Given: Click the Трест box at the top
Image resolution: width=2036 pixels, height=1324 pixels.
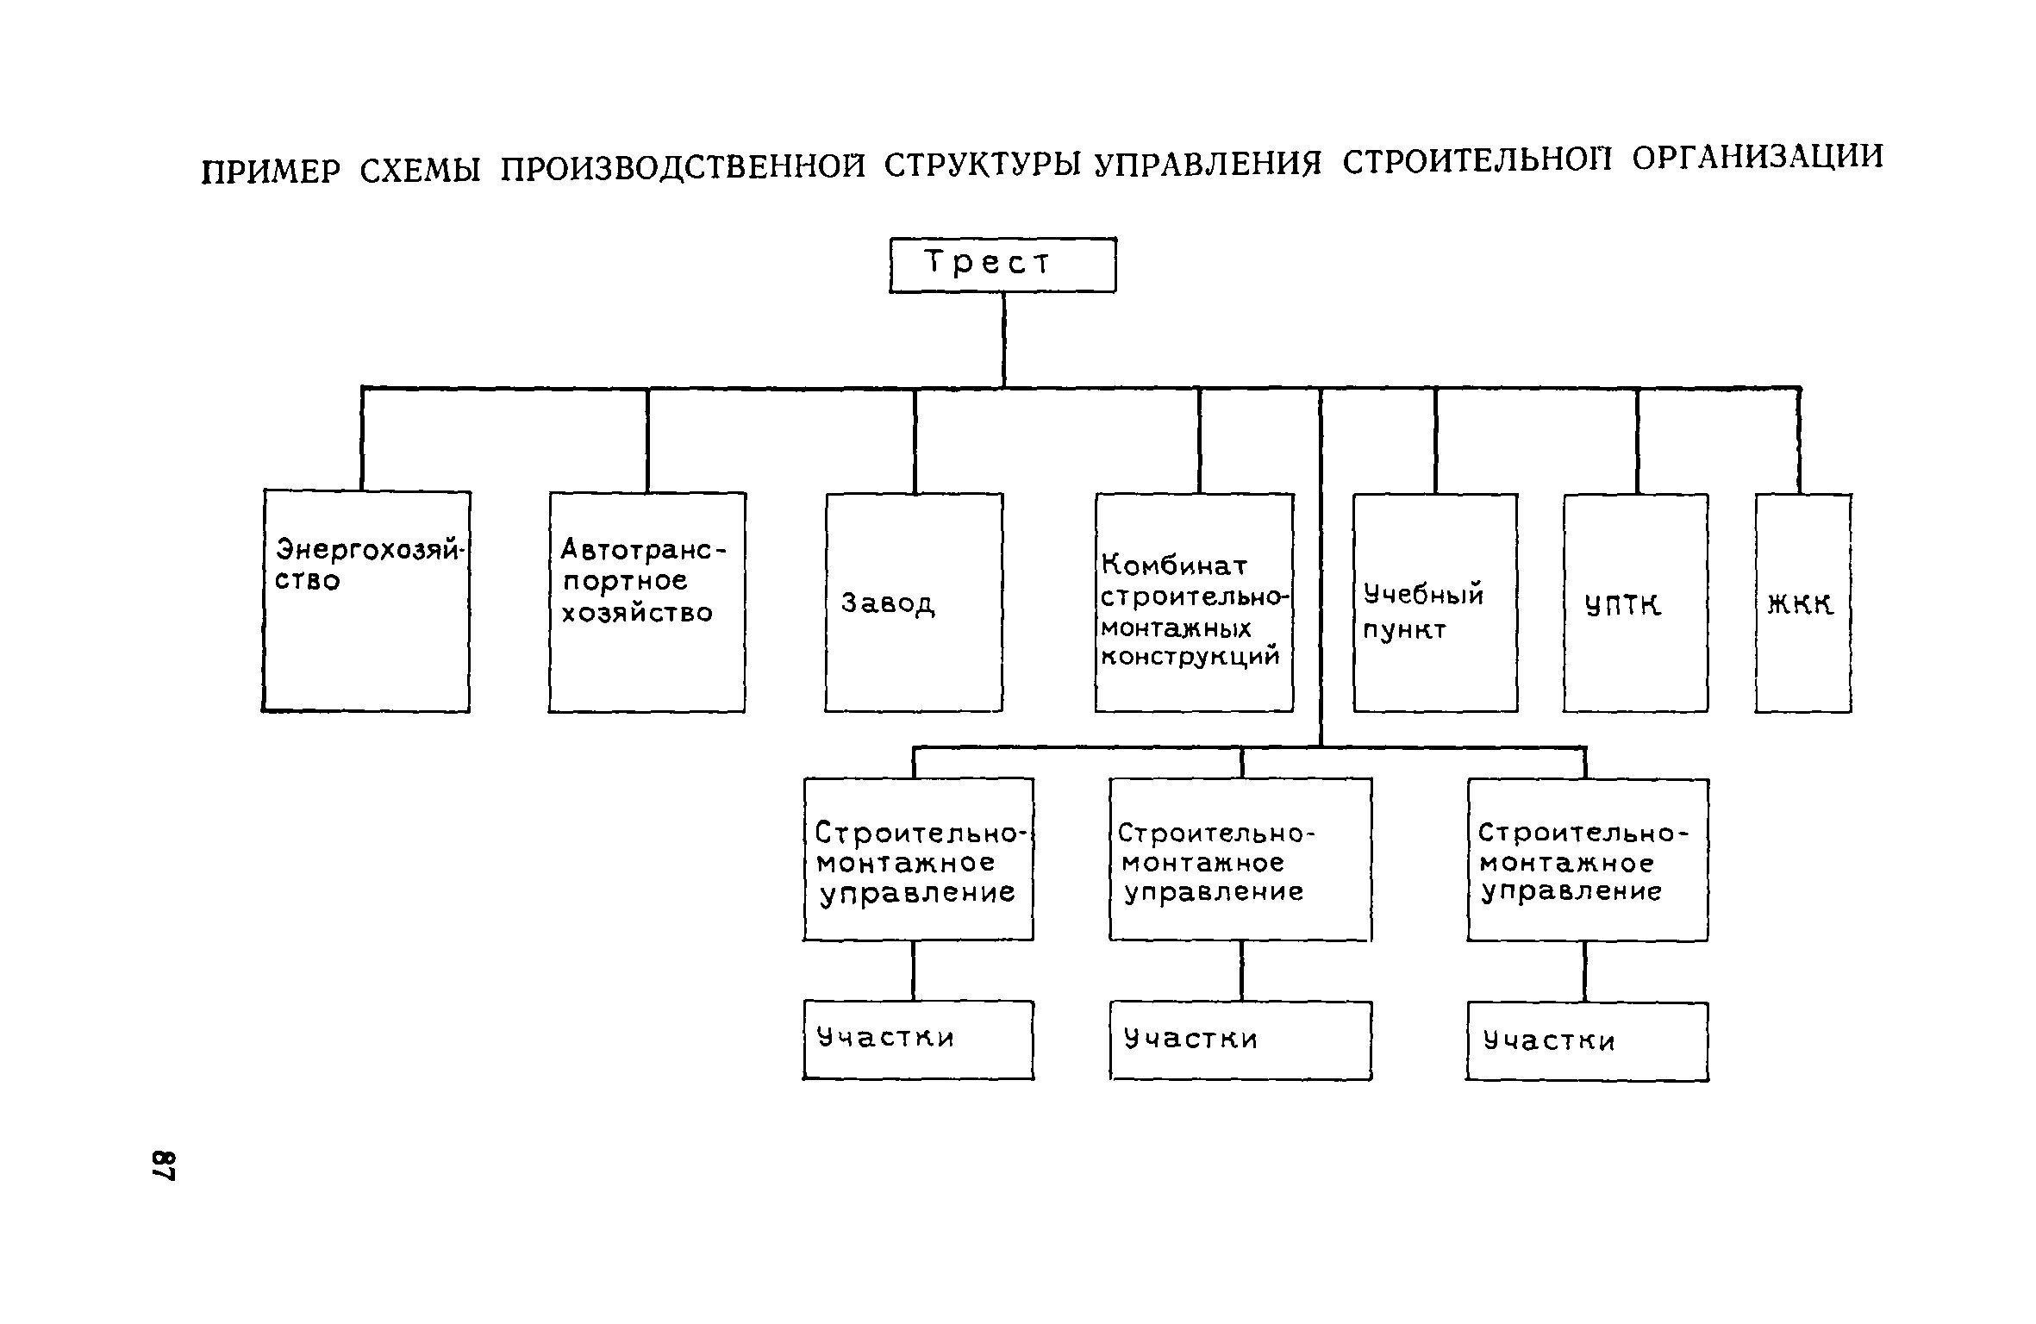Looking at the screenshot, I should pos(1002,265).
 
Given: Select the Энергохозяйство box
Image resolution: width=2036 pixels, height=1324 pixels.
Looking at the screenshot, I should pos(366,602).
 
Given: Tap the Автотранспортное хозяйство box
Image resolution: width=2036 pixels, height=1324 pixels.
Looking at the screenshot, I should pos(647,602).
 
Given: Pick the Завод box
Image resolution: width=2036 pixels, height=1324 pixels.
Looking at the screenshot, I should pos(914,602).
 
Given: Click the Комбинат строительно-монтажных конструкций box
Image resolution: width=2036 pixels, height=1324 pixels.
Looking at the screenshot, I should pos(1194,602).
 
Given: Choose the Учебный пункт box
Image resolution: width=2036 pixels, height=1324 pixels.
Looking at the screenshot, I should pos(1435,602).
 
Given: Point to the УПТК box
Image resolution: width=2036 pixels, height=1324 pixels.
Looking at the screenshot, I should pos(1635,602).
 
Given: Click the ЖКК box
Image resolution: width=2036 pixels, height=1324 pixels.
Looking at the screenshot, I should pos(1802,602).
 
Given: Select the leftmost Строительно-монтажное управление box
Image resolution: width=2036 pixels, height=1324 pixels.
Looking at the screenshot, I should pos(918,859).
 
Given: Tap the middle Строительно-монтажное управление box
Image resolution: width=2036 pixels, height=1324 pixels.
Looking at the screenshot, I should pos(1240,859).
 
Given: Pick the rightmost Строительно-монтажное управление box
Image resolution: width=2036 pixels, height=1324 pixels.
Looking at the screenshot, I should pos(1587,859).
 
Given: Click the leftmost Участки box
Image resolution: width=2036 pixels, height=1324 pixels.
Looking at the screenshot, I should pos(918,1039).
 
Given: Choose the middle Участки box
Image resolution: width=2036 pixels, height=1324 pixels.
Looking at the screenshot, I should pos(1240,1040).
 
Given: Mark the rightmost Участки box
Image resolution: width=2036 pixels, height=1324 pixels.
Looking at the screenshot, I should pos(1587,1040).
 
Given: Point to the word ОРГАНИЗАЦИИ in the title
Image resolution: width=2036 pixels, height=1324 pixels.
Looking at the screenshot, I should pos(1757,158).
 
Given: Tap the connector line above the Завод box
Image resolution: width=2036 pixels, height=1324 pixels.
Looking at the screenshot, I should pos(915,440).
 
